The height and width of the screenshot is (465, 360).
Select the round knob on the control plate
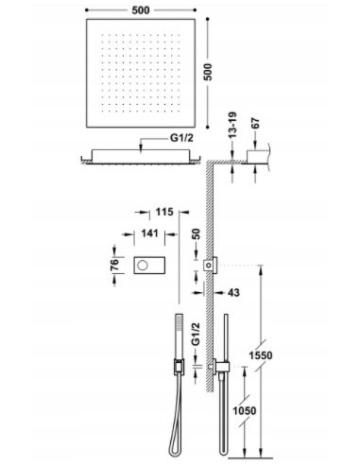[143, 264]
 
